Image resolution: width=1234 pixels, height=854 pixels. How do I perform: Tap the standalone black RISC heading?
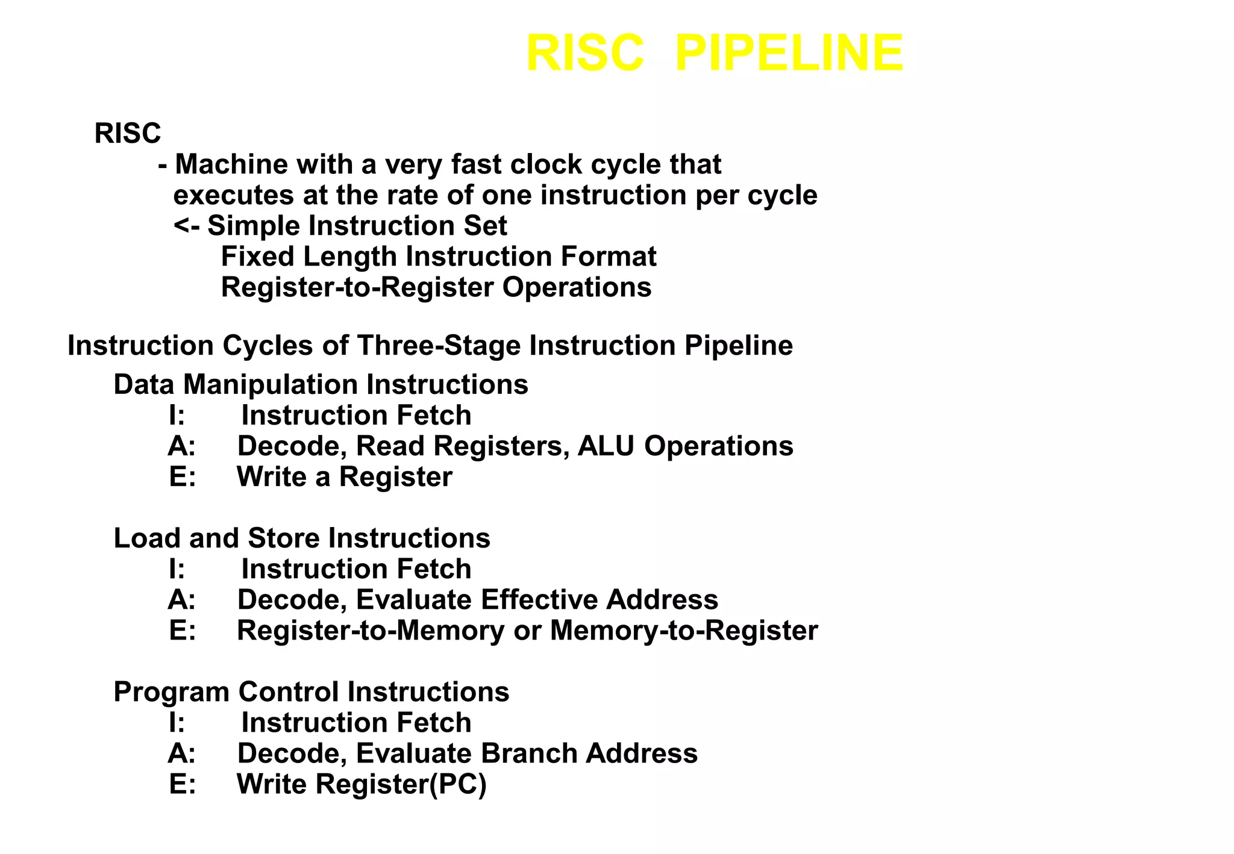128,133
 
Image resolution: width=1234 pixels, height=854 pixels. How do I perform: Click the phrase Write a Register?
344,477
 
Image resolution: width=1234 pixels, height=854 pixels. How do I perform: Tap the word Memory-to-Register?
683,631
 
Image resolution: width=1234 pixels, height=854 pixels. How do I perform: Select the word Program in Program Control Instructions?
171,692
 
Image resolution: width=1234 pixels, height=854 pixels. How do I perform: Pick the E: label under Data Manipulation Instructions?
183,477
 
